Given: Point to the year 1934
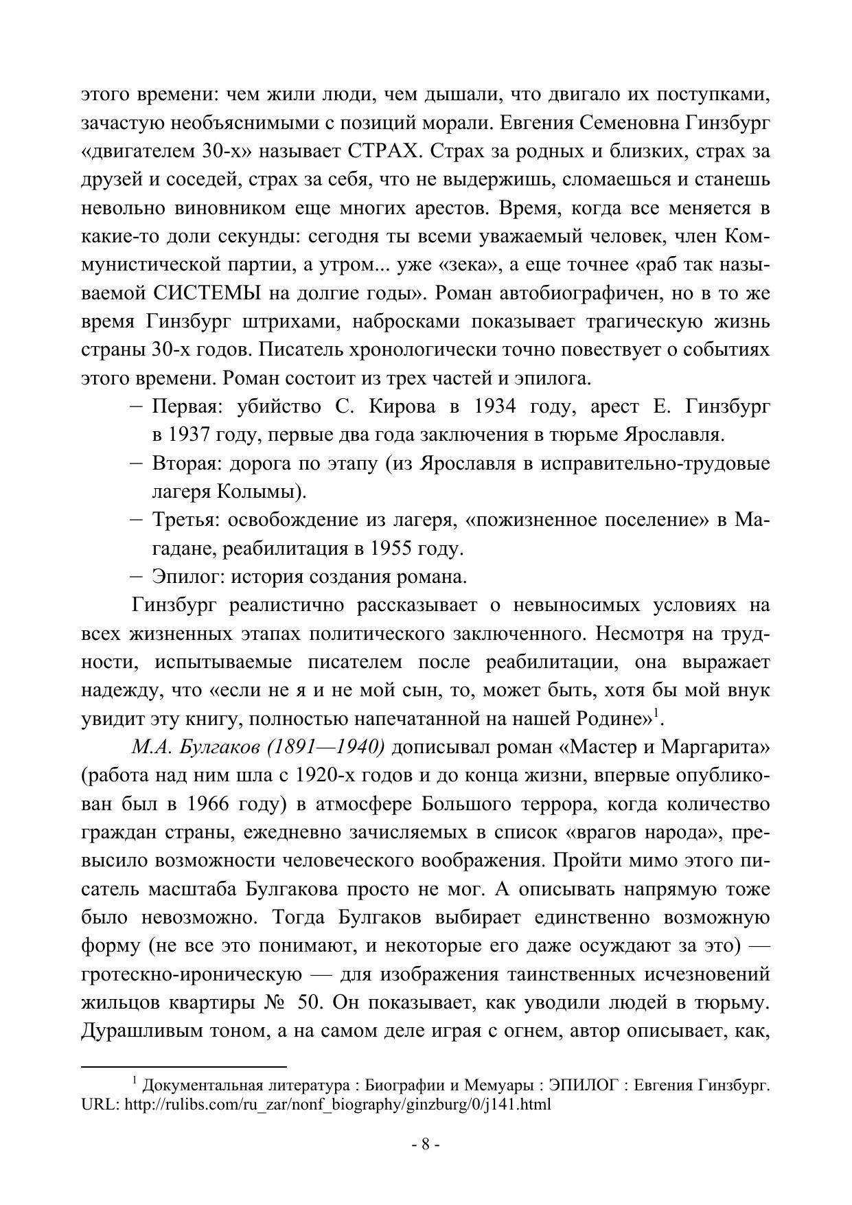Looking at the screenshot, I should [x=495, y=406].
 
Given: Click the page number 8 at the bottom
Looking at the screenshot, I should [x=425, y=1144].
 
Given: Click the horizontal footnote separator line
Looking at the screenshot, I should [x=183, y=1066].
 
